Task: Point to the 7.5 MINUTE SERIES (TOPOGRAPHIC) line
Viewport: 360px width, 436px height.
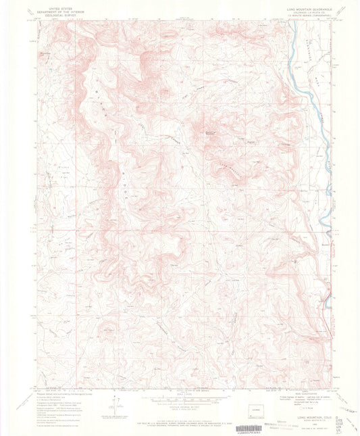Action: pos(307,13)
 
